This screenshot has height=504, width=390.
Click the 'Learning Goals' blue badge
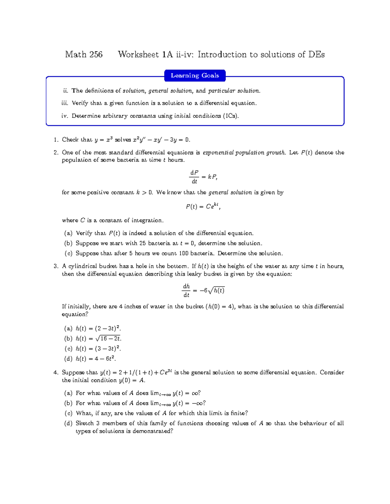(195, 76)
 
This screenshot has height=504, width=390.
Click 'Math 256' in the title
(84, 55)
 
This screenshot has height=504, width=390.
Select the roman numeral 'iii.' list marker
(65, 103)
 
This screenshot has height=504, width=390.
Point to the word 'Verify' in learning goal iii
(80, 103)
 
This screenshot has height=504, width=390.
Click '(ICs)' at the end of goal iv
(231, 116)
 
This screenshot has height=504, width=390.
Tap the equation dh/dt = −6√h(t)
(204, 290)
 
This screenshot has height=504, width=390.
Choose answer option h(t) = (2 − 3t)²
(98, 328)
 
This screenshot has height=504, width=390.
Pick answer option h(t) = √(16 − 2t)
(98, 338)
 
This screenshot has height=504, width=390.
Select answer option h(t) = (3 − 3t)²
(98, 349)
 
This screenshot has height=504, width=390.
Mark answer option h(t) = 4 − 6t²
(96, 359)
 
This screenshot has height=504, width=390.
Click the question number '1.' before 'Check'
(56, 140)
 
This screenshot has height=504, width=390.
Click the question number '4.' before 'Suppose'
(56, 373)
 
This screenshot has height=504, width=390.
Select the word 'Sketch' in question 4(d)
(84, 423)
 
